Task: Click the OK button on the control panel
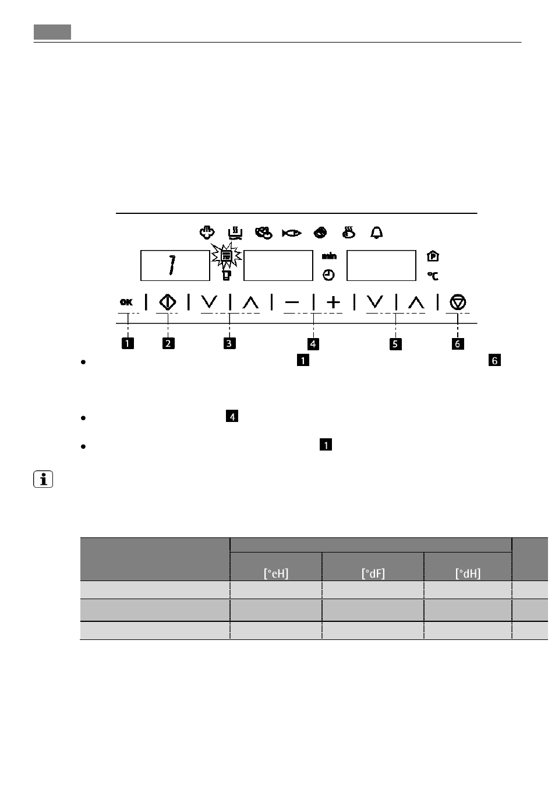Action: [126, 302]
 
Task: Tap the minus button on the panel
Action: [292, 302]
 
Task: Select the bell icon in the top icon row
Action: [376, 233]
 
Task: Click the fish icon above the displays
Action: [292, 233]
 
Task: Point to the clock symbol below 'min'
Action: [328, 275]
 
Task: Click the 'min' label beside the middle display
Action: [330, 256]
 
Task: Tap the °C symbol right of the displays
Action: [433, 276]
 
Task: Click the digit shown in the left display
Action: [172, 265]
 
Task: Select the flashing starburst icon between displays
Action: [227, 256]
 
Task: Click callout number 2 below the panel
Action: [168, 343]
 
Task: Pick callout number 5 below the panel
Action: [395, 344]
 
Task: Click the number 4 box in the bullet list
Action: [232, 416]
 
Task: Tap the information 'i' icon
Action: [43, 479]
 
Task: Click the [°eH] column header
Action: [276, 574]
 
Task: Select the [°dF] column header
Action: [373, 574]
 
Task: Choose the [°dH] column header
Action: [468, 574]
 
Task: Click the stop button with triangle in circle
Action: [458, 302]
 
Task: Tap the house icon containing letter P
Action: [433, 256]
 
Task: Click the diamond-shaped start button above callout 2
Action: [167, 302]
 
